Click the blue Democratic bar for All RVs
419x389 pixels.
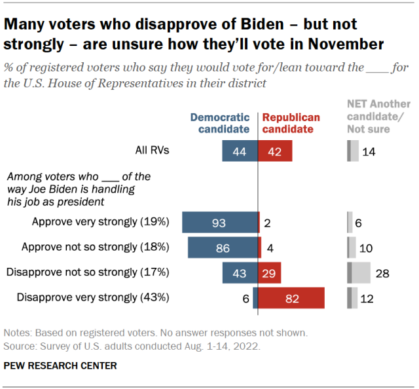pyautogui.click(x=240, y=152)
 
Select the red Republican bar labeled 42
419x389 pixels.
pyautogui.click(x=275, y=152)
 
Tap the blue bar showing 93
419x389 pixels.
pyautogui.click(x=220, y=223)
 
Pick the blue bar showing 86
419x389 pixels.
pyautogui.click(x=223, y=248)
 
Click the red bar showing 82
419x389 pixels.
pyautogui.click(x=292, y=297)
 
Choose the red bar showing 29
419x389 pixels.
pyautogui.click(x=270, y=272)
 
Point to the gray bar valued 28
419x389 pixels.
pyautogui.click(x=359, y=272)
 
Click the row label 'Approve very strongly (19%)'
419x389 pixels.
pyautogui.click(x=101, y=222)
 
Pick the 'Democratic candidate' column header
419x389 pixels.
pyautogui.click(x=220, y=123)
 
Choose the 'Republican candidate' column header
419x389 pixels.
pyautogui.click(x=291, y=123)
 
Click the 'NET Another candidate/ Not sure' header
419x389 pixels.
pyautogui.click(x=378, y=116)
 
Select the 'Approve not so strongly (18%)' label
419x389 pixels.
pyautogui.click(x=96, y=247)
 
